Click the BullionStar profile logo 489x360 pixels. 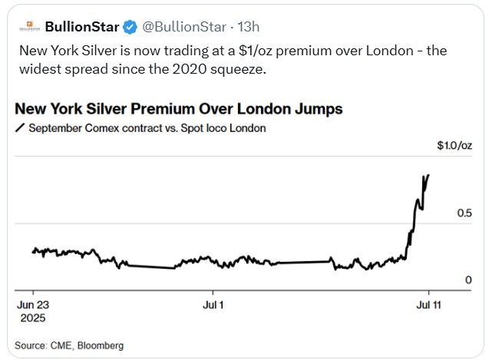[x=28, y=27]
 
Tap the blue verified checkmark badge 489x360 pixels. [x=130, y=27]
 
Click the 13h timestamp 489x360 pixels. [x=248, y=27]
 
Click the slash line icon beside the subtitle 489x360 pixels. [x=20, y=128]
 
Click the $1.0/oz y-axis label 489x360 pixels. [x=454, y=145]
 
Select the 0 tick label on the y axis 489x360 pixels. [x=468, y=280]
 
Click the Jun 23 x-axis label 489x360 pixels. [x=32, y=304]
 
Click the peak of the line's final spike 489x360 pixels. [x=428, y=174]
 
